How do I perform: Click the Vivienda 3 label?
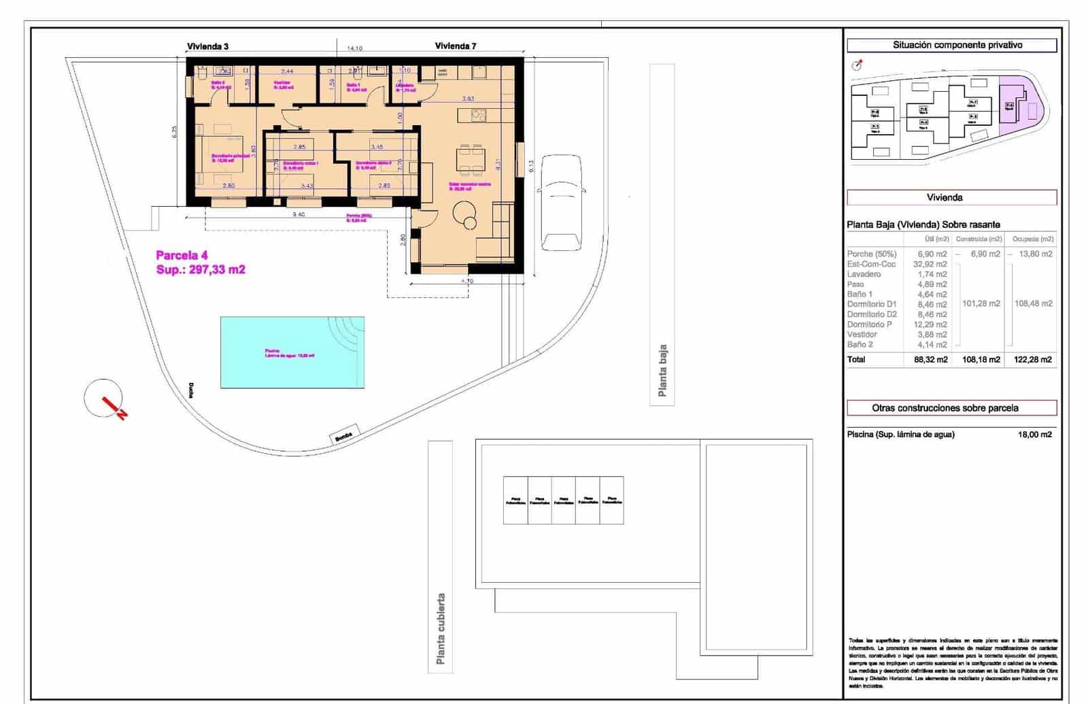pos(207,46)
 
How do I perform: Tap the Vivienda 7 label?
pos(455,46)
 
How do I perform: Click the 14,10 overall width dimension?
pos(354,49)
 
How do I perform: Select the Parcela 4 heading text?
pos(182,256)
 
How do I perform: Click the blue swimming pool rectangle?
pos(292,352)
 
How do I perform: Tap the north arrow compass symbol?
pos(105,399)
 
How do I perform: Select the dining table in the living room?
pos(470,158)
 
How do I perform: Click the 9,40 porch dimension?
pos(298,214)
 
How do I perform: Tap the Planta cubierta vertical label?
pos(441,628)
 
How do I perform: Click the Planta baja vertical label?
pos(662,371)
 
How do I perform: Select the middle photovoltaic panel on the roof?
pos(563,500)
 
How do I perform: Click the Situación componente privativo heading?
pos(951,45)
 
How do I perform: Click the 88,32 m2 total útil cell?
pos(930,359)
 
